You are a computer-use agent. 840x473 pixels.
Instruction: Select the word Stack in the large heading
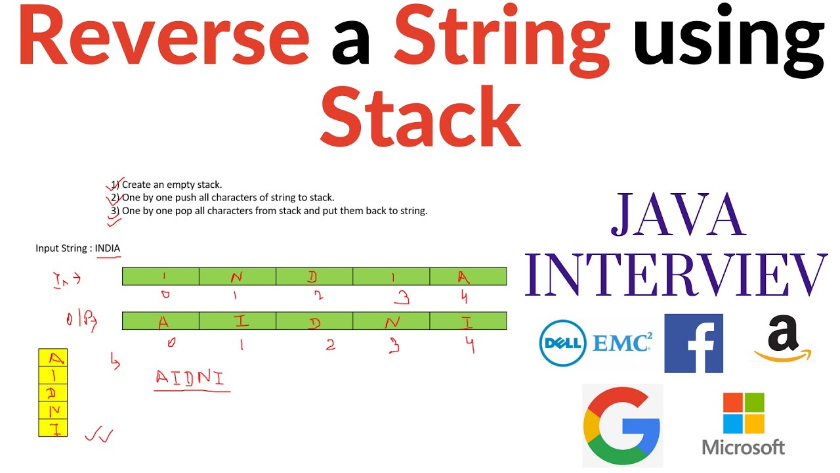tap(420, 117)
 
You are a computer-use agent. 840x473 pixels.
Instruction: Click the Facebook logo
tap(694, 343)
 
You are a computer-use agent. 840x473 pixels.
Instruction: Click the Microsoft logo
tap(744, 424)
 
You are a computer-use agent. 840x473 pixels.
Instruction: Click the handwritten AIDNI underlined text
tap(190, 378)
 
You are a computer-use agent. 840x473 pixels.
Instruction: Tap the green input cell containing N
tap(237, 277)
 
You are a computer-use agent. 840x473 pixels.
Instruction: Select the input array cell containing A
tap(468, 277)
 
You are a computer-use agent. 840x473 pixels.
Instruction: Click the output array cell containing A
tap(161, 321)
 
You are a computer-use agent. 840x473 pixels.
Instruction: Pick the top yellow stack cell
tap(53, 357)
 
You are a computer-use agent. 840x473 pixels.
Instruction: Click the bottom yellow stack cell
tap(53, 428)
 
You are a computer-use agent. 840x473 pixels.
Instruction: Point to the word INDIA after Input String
tap(108, 248)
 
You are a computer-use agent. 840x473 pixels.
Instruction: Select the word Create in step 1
tap(136, 185)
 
